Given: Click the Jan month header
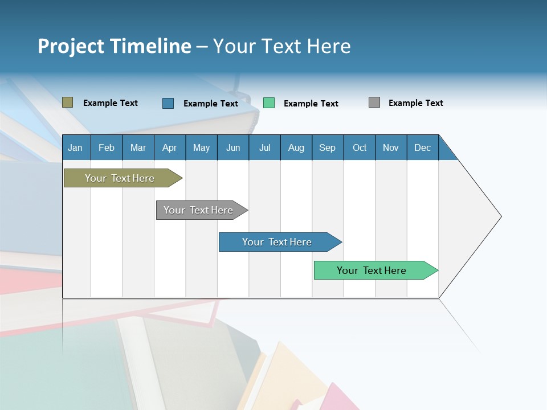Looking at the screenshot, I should point(76,147).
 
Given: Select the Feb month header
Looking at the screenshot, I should point(107,147).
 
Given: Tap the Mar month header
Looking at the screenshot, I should point(138,147).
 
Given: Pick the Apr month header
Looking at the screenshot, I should point(170,147).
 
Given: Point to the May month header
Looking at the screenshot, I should point(201,147).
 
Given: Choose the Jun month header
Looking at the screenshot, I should point(233,147).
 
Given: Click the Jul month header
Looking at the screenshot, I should point(264,147).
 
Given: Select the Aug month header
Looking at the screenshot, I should point(296,147).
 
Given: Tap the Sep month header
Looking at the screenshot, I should point(328,147).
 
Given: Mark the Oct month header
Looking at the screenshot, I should point(360,147).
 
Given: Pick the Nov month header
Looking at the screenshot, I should point(391,147).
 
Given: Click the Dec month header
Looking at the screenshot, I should point(423,147).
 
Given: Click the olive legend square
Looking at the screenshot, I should point(68,102).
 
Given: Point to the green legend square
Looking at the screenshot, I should point(269,103).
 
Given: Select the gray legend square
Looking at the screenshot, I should point(374,102).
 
